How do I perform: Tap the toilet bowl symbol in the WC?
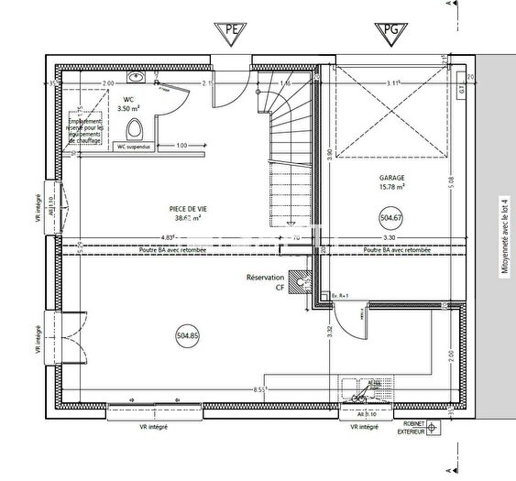coord(136,126)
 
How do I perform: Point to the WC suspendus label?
coord(135,145)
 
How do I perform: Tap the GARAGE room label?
coord(391,180)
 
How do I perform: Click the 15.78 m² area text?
coord(391,189)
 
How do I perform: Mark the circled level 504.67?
coord(391,218)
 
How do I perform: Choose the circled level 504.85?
coord(187,336)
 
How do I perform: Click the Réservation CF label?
coord(265,281)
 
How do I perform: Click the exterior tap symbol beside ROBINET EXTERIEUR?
coord(432,427)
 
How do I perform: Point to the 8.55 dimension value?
coord(261,389)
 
